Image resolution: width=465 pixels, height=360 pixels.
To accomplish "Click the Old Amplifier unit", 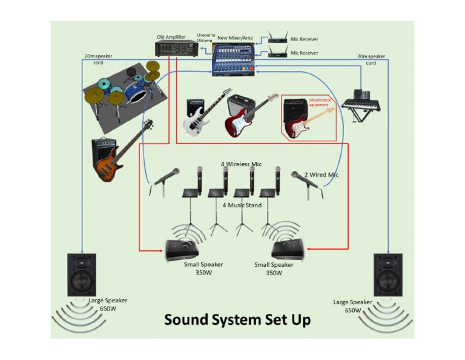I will point(176,48).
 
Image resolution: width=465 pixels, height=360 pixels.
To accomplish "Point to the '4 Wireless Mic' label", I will point(241,164).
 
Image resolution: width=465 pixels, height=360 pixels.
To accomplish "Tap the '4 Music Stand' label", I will point(242,205).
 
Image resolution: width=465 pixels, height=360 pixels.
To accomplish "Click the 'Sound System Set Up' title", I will point(237,319).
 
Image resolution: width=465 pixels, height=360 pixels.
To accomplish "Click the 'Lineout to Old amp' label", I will point(205,38).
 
